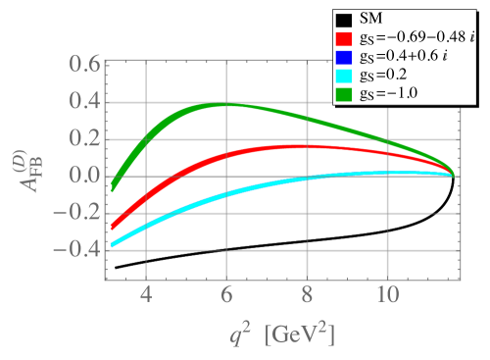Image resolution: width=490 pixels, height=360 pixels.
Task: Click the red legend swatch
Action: click(x=343, y=38)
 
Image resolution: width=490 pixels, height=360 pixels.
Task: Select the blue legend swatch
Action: click(x=343, y=57)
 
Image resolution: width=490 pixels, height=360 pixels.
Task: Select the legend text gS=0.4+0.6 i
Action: click(x=404, y=57)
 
